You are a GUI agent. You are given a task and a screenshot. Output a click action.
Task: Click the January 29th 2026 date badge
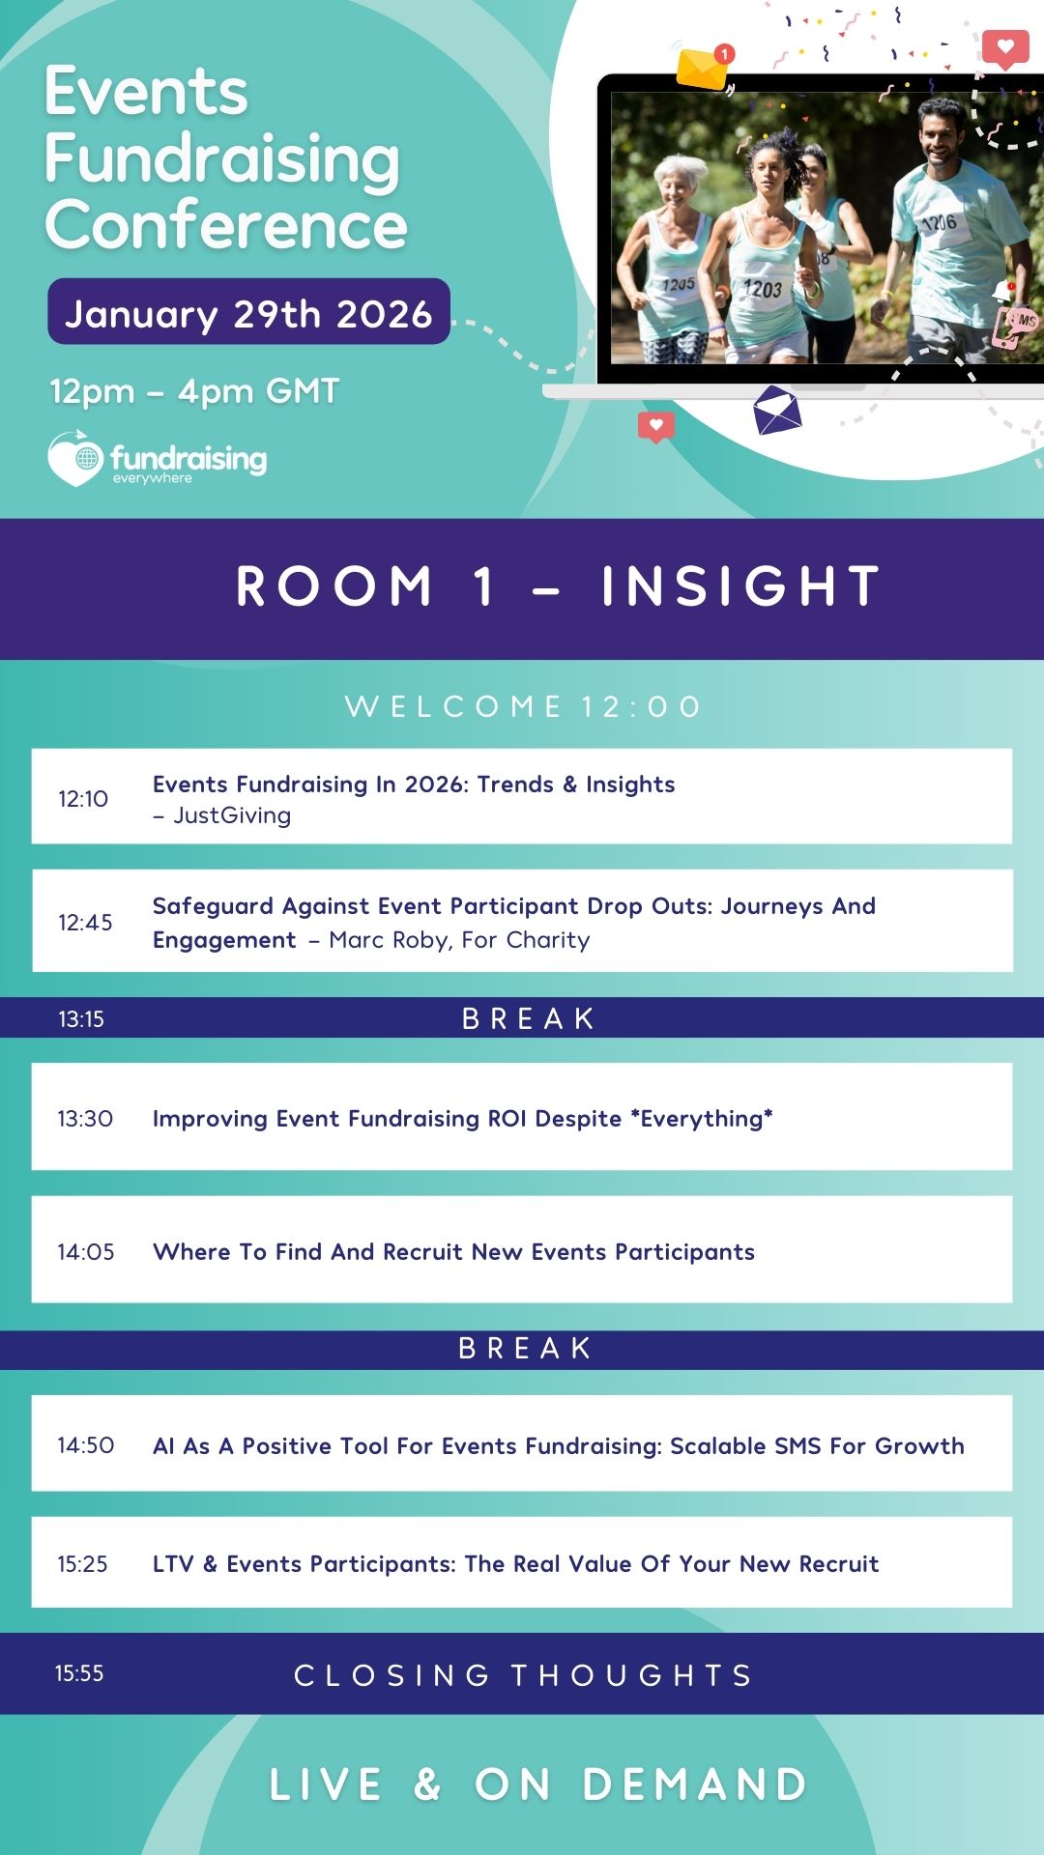click(x=248, y=311)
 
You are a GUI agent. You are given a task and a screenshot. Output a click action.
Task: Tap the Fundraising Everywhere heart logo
click(x=75, y=458)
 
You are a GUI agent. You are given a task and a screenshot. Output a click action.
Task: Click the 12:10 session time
click(x=83, y=799)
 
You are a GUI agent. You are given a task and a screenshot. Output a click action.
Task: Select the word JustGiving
click(x=232, y=815)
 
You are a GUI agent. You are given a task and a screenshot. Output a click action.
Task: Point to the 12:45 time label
click(x=85, y=923)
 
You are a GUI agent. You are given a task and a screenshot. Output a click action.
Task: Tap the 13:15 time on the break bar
click(x=81, y=1019)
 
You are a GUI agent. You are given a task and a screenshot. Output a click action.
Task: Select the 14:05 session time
click(x=86, y=1252)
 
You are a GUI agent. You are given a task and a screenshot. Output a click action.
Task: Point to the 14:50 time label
click(x=86, y=1445)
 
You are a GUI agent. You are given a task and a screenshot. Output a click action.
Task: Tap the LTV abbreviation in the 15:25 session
click(x=173, y=1564)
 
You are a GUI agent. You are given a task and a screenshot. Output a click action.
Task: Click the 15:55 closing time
click(x=79, y=1673)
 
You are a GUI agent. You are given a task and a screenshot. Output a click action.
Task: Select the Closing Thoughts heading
click(x=523, y=1675)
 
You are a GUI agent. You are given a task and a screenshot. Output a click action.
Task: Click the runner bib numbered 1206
click(x=939, y=223)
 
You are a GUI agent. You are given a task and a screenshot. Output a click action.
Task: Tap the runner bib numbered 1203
click(x=763, y=288)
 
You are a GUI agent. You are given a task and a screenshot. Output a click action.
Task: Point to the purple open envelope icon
click(x=777, y=410)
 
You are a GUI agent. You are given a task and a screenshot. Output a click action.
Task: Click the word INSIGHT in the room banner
click(x=740, y=586)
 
